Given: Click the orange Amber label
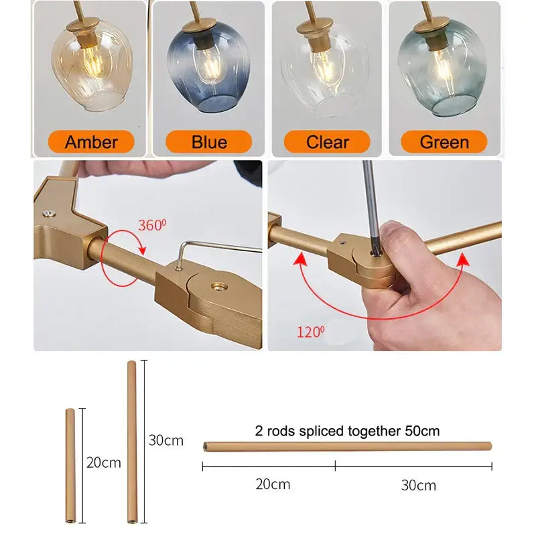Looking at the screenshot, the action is [x=91, y=141].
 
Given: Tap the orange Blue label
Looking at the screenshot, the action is [x=209, y=141].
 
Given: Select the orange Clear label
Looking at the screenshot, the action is [x=327, y=141].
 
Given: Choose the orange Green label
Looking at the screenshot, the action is [x=444, y=141].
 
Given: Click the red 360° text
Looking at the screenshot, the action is [x=152, y=225].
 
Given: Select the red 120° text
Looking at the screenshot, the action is [x=310, y=332].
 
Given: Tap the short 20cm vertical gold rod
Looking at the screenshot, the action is [x=70, y=465].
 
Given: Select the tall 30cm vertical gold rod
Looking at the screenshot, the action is [x=131, y=442].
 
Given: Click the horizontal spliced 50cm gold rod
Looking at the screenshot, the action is [x=347, y=446].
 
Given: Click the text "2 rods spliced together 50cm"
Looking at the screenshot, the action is [x=347, y=431].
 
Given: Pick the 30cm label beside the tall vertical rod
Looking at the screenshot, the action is [x=165, y=440].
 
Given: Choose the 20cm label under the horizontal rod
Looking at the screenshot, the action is [x=273, y=484].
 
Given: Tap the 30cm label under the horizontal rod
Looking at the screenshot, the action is [x=418, y=485].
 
